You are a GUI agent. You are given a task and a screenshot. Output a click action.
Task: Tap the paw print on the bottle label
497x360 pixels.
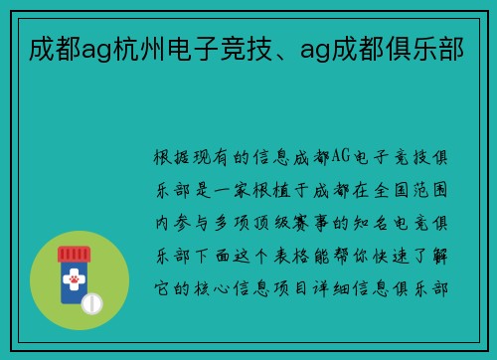coord(74,281)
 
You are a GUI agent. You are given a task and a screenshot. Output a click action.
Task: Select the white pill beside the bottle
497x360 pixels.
coord(91,300)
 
